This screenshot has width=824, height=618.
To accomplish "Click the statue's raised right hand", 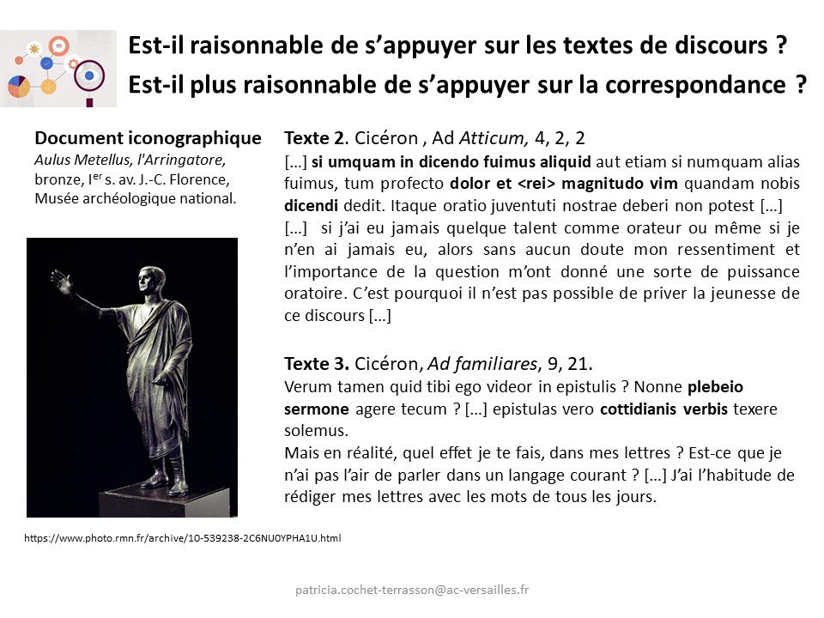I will (x=60, y=282).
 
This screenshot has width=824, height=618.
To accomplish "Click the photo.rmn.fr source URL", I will (x=183, y=538).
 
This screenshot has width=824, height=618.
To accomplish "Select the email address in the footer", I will (x=412, y=590).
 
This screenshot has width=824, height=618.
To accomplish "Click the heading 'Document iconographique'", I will (x=148, y=138).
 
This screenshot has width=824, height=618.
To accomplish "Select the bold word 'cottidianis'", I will (x=639, y=409).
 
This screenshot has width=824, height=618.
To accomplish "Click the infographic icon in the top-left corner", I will (x=58, y=69).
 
